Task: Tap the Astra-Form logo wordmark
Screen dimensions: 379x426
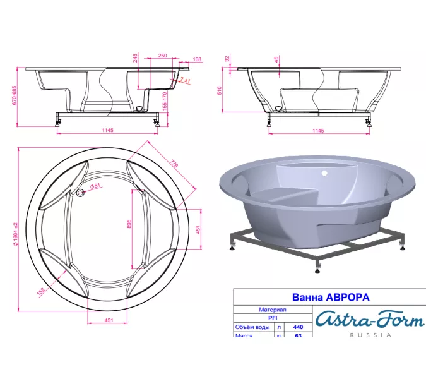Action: (x=369, y=320)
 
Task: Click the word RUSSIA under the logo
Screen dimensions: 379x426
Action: (x=369, y=335)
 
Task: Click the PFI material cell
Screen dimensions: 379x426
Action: (x=273, y=319)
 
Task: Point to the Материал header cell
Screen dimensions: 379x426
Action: (x=273, y=310)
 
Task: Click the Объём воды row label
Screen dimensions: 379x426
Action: (x=253, y=328)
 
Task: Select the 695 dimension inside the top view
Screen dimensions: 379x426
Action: (x=129, y=225)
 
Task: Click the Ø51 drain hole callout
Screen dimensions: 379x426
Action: (x=95, y=186)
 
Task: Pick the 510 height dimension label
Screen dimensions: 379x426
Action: (x=220, y=90)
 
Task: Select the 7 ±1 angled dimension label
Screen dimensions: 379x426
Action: (x=186, y=81)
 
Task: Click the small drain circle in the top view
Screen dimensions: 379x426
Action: (x=80, y=193)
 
